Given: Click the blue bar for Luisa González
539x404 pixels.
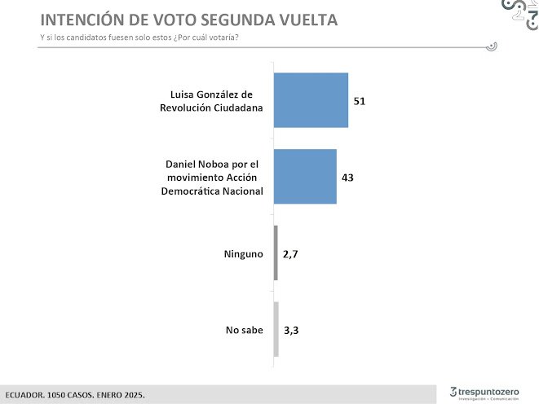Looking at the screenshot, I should click(311, 100).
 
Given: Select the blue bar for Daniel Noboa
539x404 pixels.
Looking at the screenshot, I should click(305, 176).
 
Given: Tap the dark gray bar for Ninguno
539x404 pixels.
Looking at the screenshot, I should click(276, 253).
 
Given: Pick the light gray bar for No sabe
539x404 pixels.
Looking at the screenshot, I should click(276, 330).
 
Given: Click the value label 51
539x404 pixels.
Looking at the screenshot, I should click(359, 101).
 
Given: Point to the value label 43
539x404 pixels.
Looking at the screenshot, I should click(348, 177).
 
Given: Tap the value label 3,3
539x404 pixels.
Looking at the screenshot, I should click(290, 331).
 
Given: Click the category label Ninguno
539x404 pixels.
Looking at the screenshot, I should click(243, 254).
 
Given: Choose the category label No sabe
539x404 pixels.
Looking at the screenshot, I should click(244, 330).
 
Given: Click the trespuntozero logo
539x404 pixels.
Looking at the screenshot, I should click(484, 393).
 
